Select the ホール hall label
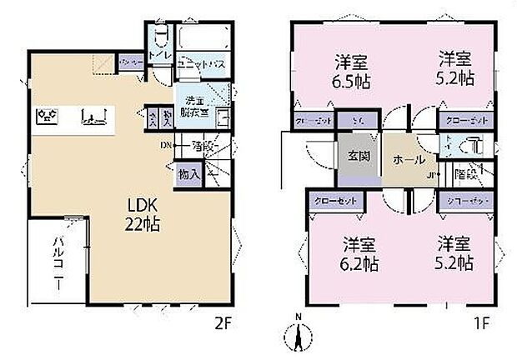coord(408,160)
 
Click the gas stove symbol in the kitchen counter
coord(48,116)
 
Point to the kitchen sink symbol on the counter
coord(93,116)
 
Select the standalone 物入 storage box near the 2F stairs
coord(188,174)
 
